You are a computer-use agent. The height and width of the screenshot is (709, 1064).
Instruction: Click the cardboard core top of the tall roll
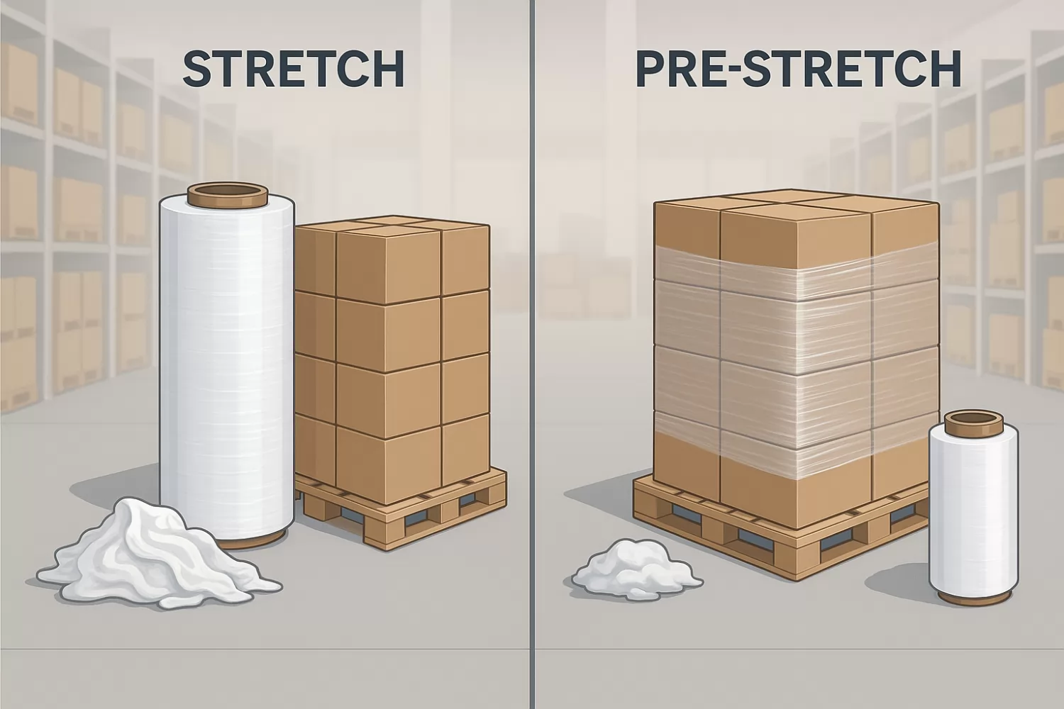[x=228, y=195]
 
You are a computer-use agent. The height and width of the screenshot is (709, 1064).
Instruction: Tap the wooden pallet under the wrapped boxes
[x=779, y=532]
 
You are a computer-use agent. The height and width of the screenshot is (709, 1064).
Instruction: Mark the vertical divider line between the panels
[x=532, y=354]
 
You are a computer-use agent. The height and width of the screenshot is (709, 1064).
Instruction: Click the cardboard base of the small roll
[x=974, y=598]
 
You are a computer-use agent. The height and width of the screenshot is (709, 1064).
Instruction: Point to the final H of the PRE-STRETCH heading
[x=946, y=69]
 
